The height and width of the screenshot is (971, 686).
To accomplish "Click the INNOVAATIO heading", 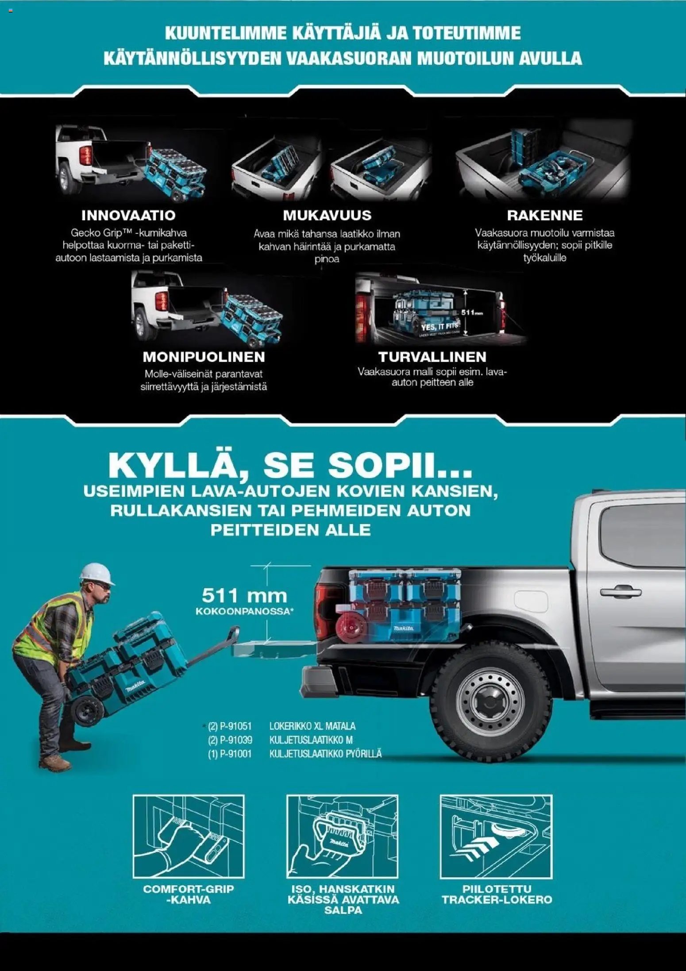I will coord(128,216).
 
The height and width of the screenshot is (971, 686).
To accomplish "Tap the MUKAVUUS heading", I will coord(327,216).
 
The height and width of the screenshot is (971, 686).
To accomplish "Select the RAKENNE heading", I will coord(545,216).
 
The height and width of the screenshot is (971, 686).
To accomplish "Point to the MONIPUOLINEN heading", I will coord(204,357).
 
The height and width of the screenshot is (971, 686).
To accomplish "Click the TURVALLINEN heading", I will coord(432,357).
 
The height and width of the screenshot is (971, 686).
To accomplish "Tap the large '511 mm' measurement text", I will coord(244,596).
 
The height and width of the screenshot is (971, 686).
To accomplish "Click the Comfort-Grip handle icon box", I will coord(189,836).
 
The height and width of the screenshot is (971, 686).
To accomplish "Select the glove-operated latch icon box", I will coord(342,836).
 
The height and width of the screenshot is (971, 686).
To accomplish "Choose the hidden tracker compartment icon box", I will coord(496,836).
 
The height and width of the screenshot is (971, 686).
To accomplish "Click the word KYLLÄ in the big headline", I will coord(177,465).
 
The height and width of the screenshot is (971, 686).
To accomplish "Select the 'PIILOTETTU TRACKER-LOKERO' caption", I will coord(497,894).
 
